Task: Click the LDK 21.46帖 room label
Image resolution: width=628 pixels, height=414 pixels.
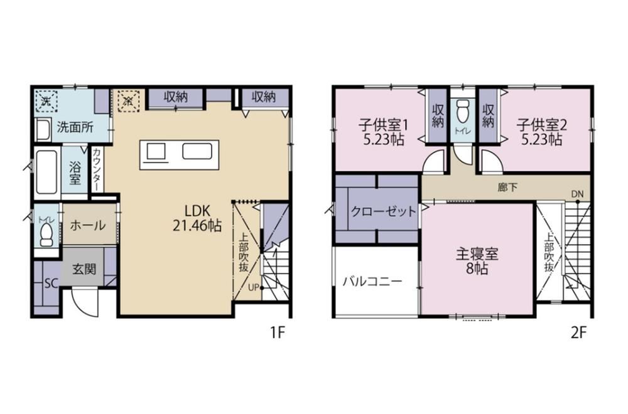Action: (x=197, y=218)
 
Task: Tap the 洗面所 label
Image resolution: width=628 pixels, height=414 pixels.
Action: (x=75, y=127)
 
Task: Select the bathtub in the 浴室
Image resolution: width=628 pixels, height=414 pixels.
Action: (x=46, y=172)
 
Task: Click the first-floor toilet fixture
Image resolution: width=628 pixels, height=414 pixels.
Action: (x=47, y=235)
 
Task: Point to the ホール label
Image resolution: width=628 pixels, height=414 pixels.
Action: (x=88, y=226)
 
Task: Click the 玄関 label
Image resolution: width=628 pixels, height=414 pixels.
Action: (x=84, y=269)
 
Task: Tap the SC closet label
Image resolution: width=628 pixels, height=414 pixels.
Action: (x=51, y=284)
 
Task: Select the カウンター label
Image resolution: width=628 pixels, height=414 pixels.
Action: (x=97, y=169)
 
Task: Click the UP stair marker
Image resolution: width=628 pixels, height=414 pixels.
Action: (x=253, y=287)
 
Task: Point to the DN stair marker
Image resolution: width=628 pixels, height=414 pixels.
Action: (x=577, y=194)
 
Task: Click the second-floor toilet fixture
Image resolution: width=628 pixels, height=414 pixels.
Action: (x=463, y=112)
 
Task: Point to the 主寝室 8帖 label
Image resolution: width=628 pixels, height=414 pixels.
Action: (x=477, y=261)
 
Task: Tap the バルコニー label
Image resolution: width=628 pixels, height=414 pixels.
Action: (x=372, y=282)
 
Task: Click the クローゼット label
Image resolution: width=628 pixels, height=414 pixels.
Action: (x=383, y=211)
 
